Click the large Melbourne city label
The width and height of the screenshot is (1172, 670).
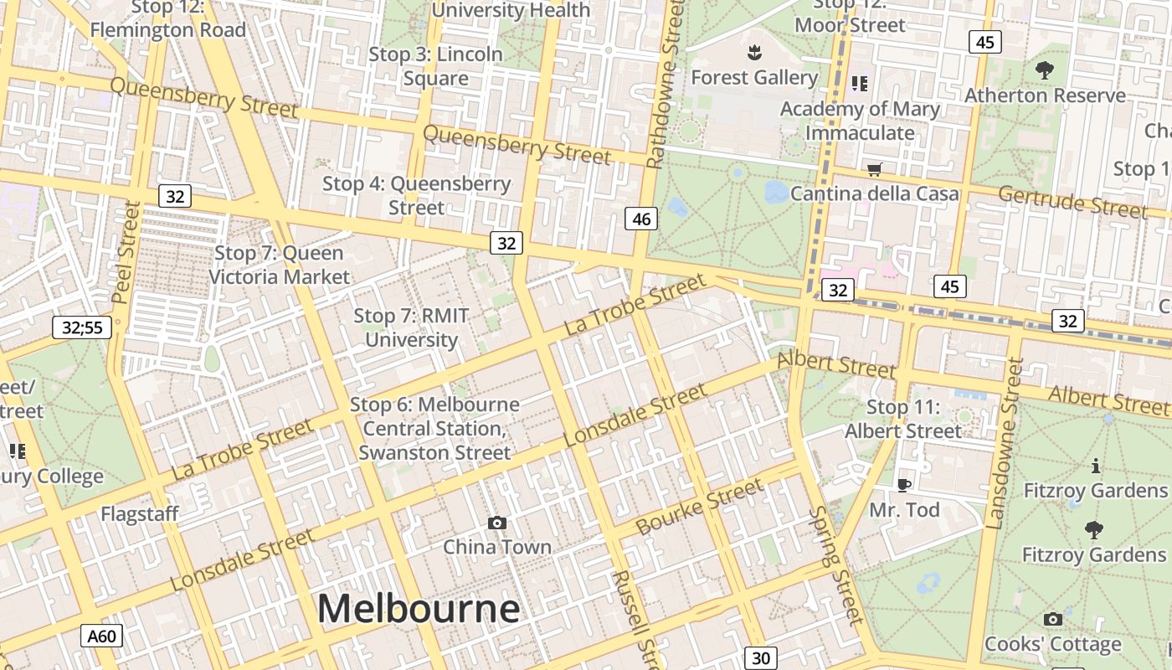pyautogui.click(x=418, y=609)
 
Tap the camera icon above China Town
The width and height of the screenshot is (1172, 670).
pyautogui.click(x=497, y=523)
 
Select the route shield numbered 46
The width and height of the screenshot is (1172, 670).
pyautogui.click(x=641, y=219)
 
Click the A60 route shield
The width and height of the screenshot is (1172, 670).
pyautogui.click(x=102, y=636)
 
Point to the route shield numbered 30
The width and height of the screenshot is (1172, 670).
pyautogui.click(x=760, y=658)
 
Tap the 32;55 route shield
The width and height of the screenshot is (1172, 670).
pyautogui.click(x=82, y=327)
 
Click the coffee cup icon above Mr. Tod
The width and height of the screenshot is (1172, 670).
pyautogui.click(x=904, y=485)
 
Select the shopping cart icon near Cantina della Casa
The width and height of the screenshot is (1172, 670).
pyautogui.click(x=875, y=170)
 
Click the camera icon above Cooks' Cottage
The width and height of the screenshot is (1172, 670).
pyautogui.click(x=1053, y=620)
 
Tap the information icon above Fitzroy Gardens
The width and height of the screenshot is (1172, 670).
pyautogui.click(x=1095, y=466)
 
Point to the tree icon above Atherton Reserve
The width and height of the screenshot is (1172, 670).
pyautogui.click(x=1045, y=70)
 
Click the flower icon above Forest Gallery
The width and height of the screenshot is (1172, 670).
pyautogui.click(x=754, y=54)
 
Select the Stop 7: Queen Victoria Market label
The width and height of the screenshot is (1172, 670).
pyautogui.click(x=279, y=265)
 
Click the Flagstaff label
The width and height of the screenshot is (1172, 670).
pyautogui.click(x=140, y=513)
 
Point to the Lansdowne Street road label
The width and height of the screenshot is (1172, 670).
pyautogui.click(x=1005, y=444)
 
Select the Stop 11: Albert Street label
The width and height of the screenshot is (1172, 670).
pyautogui.click(x=903, y=419)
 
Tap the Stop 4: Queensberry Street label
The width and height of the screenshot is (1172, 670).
pyautogui.click(x=416, y=195)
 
